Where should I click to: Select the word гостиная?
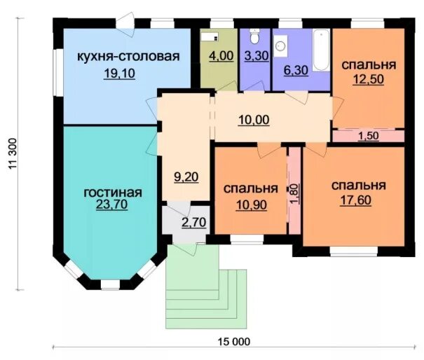[x=112, y=193]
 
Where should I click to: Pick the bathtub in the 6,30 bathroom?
[x=321, y=48]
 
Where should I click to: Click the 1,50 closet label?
[x=369, y=136]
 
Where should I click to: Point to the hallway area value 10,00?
[x=253, y=120]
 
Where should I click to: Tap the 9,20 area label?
[x=186, y=177]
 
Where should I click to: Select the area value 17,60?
[x=358, y=202]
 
